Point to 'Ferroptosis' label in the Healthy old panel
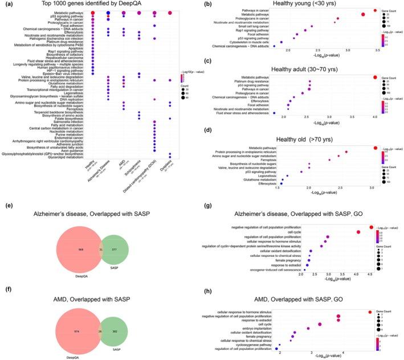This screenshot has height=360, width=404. click(x=268, y=159)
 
